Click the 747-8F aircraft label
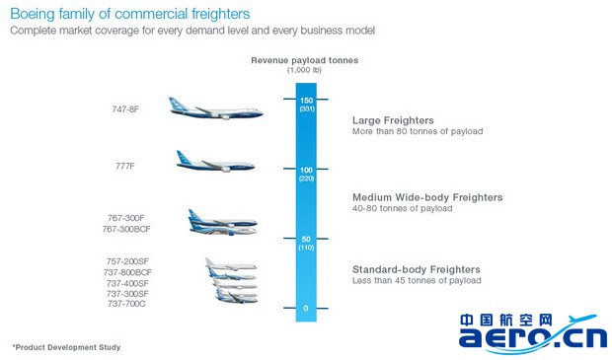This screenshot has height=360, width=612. click(125, 109)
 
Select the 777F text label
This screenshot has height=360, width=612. click(125, 166)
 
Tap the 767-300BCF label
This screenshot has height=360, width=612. click(126, 229)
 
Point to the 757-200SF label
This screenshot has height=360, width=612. click(127, 261)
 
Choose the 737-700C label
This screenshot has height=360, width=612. click(126, 304)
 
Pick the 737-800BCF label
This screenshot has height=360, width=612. click(127, 272)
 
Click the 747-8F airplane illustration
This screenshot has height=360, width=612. click(216, 108)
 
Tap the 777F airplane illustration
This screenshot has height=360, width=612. click(215, 162)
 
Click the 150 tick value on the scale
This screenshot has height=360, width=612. click(306, 101)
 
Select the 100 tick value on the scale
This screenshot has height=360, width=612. click(306, 170)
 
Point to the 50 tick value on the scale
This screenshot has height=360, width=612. click(306, 239)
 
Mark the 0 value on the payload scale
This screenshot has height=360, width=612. click(306, 308)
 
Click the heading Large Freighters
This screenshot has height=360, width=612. click(393, 120)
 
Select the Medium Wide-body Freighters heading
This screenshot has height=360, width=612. click(427, 197)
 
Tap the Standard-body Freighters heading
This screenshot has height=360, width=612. click(417, 269)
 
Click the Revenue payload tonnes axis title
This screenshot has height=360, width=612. click(304, 60)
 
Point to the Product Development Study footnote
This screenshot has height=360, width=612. click(66, 347)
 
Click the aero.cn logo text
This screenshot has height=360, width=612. click(533, 337)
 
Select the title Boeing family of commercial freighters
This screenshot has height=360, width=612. click(130, 14)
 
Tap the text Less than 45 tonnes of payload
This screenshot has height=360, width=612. click(417, 280)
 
